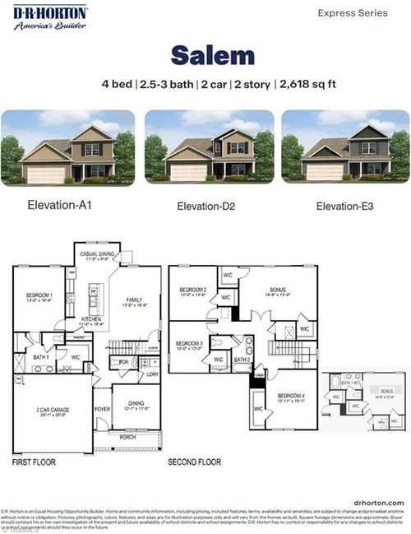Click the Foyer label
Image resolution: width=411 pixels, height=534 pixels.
pos(101,407)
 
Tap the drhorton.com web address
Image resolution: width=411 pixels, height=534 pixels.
pos(378,500)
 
